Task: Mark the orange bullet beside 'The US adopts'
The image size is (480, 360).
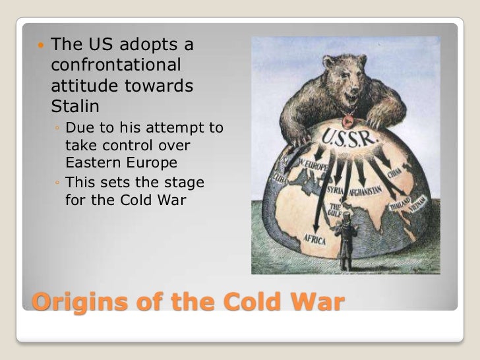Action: click(x=41, y=45)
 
